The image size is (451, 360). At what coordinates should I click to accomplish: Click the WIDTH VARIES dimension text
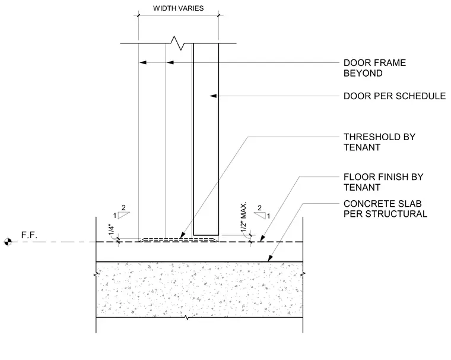(x=179, y=8)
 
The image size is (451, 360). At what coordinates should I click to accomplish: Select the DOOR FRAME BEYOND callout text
(x=374, y=68)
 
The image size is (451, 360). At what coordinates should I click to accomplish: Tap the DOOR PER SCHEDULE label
(x=395, y=96)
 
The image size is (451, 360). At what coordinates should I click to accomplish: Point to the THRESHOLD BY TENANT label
(x=379, y=142)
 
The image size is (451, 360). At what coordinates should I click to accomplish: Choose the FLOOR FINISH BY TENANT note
(x=383, y=182)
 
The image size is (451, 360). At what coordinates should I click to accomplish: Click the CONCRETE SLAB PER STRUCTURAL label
(x=385, y=209)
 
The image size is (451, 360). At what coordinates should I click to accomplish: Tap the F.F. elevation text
(x=29, y=235)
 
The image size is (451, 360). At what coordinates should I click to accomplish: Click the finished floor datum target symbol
(x=8, y=242)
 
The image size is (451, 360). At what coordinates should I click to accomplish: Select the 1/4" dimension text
(x=112, y=229)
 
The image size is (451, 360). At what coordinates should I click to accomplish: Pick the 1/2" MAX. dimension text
(x=244, y=217)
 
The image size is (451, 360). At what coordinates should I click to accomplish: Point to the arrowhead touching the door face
(x=213, y=96)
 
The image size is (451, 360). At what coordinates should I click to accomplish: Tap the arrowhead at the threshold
(x=182, y=236)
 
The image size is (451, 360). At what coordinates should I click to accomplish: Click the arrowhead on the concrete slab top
(x=270, y=258)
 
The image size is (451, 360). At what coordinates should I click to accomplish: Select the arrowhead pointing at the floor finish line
(x=262, y=238)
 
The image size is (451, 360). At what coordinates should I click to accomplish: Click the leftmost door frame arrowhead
(x=143, y=62)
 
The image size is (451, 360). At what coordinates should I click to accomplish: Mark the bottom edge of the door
(x=206, y=235)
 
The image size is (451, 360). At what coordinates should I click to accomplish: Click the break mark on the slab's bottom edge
(x=186, y=318)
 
